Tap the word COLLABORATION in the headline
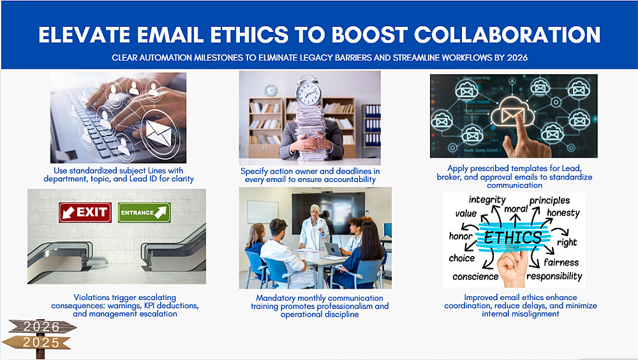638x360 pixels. tap(507, 34)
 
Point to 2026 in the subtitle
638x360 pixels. tap(517, 58)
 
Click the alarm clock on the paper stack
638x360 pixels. tap(308, 91)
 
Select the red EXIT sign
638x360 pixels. tap(85, 212)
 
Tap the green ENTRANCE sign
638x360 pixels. tap(144, 212)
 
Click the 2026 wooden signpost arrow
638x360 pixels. tap(43, 326)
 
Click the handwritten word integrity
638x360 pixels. tap(487, 200)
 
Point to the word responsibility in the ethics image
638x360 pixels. tap(554, 276)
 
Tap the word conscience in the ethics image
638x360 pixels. tap(475, 277)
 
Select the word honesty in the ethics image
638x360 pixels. tap(563, 213)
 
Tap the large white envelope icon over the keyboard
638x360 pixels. tap(159, 133)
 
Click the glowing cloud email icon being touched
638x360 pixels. tap(512, 111)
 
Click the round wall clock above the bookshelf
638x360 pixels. tap(271, 91)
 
